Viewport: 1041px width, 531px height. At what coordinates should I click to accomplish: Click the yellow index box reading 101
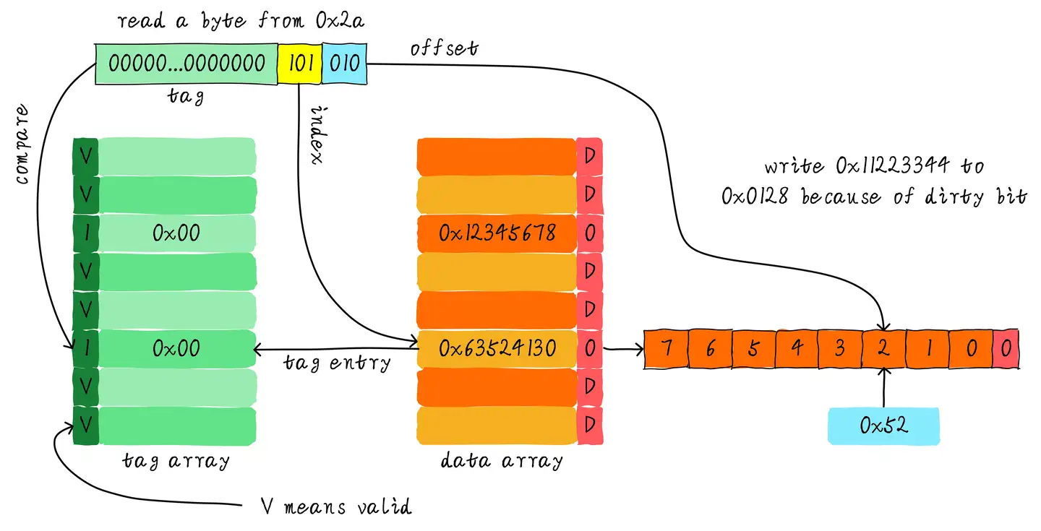coord(300,63)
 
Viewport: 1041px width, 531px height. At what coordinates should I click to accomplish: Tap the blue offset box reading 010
coord(345,63)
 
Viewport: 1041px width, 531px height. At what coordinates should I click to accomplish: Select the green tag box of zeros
coord(187,63)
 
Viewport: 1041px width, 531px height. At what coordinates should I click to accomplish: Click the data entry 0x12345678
coord(497,233)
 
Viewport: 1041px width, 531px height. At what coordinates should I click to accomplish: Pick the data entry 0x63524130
coord(497,349)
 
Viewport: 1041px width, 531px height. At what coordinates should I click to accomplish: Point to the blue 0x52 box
coord(883,426)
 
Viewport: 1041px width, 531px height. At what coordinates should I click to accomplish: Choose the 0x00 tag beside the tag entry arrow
coord(177,349)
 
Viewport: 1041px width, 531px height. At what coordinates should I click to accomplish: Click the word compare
coord(24,144)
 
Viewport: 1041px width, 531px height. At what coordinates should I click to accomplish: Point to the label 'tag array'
coord(176,460)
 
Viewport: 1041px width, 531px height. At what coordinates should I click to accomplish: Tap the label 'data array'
coord(502,460)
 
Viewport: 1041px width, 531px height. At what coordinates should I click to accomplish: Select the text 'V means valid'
coord(336,506)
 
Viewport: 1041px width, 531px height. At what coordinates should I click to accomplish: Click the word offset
coord(445,48)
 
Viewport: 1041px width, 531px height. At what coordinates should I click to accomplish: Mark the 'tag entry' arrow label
coord(336,363)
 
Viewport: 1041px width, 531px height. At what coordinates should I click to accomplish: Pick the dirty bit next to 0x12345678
coord(589,233)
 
